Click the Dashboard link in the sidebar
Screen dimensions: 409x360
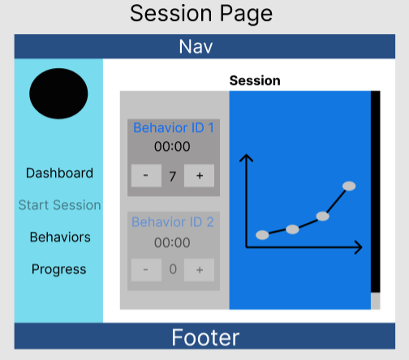pyautogui.click(x=59, y=173)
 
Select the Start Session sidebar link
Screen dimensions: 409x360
pyautogui.click(x=59, y=205)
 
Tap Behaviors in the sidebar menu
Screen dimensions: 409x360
pyautogui.click(x=60, y=237)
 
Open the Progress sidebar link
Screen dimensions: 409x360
pyautogui.click(x=59, y=269)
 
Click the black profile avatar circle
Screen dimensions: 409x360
pyautogui.click(x=58, y=93)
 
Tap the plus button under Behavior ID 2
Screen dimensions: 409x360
pyautogui.click(x=200, y=270)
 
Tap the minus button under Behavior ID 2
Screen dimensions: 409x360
pyautogui.click(x=146, y=270)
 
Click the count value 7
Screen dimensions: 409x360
pyautogui.click(x=173, y=177)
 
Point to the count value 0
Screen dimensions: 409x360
pyautogui.click(x=173, y=269)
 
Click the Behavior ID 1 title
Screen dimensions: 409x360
pyautogui.click(x=174, y=127)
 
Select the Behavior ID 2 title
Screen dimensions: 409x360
pyautogui.click(x=173, y=222)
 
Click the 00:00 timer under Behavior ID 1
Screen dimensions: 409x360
pyautogui.click(x=172, y=147)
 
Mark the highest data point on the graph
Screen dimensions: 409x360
pyautogui.click(x=349, y=186)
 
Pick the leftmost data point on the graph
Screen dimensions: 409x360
pyautogui.click(x=262, y=235)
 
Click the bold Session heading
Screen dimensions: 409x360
pyautogui.click(x=255, y=80)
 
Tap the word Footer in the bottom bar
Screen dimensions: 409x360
pyautogui.click(x=205, y=337)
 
